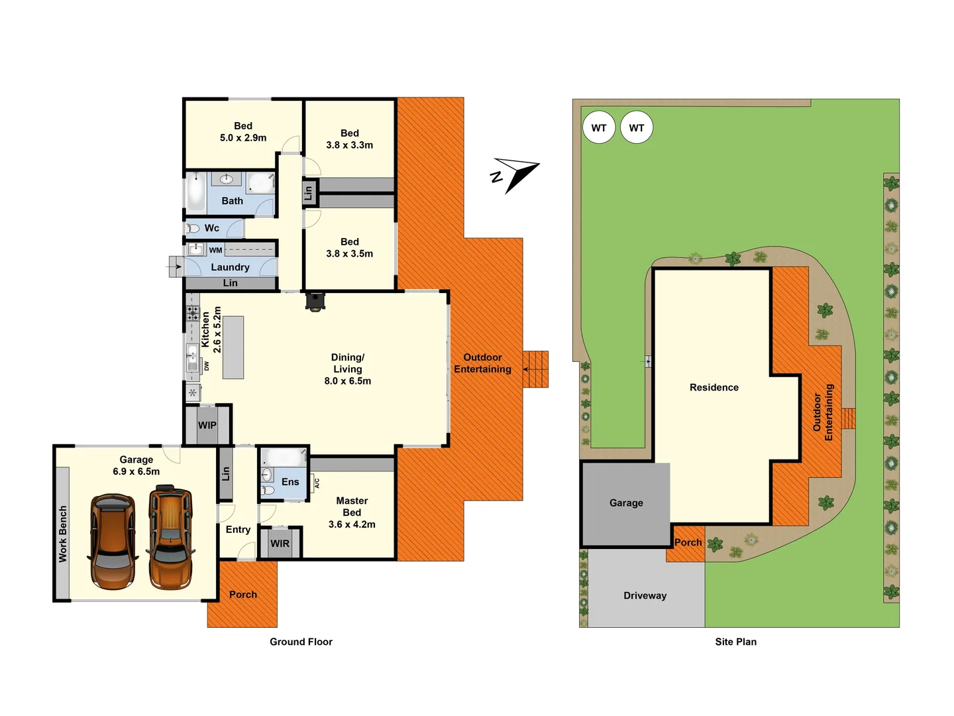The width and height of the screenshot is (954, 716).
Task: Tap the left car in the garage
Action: click(x=113, y=541)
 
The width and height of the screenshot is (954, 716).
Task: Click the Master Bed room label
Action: click(x=352, y=512)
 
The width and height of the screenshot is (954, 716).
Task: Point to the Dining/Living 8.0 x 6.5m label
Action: click(x=347, y=369)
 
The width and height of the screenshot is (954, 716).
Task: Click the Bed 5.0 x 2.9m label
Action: click(x=243, y=132)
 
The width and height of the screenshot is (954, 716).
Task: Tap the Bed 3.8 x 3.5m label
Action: click(x=349, y=248)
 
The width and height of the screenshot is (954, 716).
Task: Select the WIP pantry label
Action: click(x=207, y=426)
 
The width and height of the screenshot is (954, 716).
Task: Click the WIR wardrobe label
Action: click(x=280, y=544)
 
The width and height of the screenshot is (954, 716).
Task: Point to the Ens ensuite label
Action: click(x=290, y=482)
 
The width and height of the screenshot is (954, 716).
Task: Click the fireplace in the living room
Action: click(x=315, y=302)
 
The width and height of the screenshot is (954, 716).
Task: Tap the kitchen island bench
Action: click(x=233, y=347)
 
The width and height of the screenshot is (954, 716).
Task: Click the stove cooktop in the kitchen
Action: click(x=192, y=313)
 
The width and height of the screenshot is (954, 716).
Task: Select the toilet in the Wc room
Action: click(x=193, y=229)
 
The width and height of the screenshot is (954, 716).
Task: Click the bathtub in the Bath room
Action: click(x=196, y=193)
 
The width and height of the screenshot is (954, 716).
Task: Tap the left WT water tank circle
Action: click(x=599, y=128)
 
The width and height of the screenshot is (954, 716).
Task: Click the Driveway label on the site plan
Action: click(x=645, y=595)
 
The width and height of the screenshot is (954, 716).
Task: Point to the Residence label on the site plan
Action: click(x=714, y=387)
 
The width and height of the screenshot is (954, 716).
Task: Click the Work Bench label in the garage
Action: click(x=63, y=534)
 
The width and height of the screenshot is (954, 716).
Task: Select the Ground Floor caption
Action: click(x=301, y=642)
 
